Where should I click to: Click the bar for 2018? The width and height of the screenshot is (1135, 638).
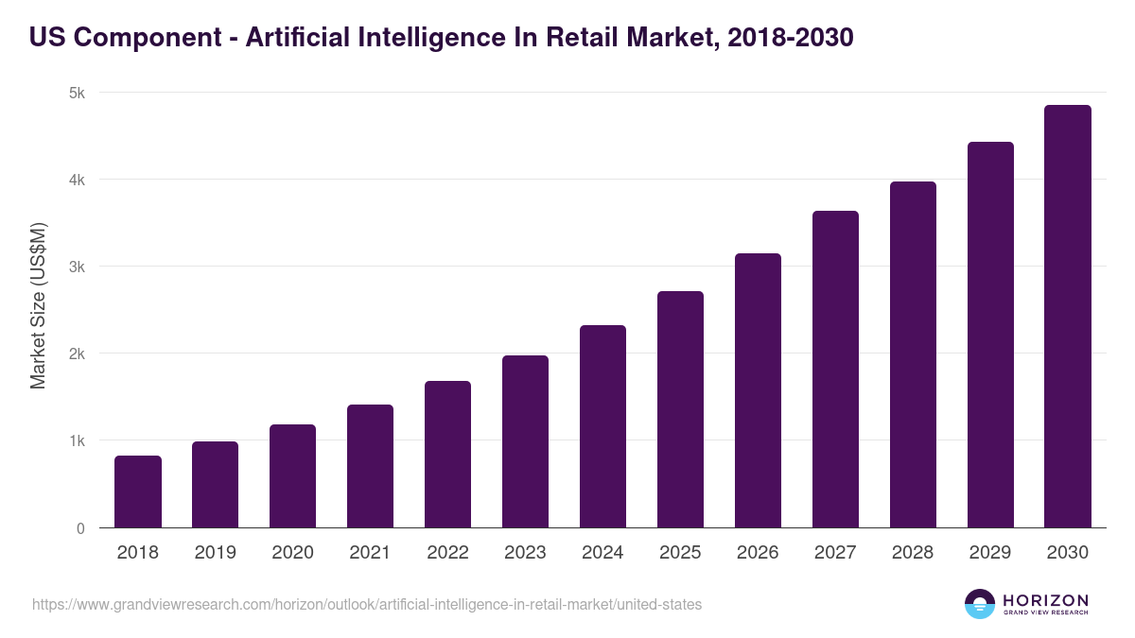point(138,491)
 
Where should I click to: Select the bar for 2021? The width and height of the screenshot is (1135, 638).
point(370,466)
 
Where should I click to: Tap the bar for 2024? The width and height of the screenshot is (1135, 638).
point(602,426)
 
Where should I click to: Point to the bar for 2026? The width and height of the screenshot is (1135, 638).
point(758,390)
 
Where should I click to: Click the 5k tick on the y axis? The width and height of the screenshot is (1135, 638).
point(76,93)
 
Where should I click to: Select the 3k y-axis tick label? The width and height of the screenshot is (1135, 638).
point(76,267)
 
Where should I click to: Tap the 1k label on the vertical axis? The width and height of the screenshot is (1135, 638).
point(76,440)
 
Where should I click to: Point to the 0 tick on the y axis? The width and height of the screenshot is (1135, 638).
point(80,528)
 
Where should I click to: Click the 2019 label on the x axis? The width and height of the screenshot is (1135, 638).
point(216,553)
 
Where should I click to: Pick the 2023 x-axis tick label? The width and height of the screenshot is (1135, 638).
point(525,553)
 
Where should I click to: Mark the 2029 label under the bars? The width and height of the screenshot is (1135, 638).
point(990,553)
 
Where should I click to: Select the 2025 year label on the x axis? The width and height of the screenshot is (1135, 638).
point(680,553)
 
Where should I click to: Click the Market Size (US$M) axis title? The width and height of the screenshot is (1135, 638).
point(38,306)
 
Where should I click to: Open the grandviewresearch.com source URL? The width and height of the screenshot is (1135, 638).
point(367,604)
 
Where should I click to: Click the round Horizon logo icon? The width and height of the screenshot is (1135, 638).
point(980,604)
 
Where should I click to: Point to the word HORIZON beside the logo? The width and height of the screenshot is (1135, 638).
point(1045,600)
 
